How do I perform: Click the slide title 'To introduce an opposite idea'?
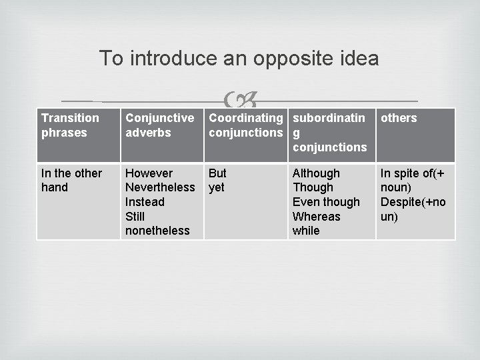(x=239, y=59)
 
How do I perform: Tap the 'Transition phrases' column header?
(x=70, y=125)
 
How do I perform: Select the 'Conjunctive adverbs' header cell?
(x=159, y=125)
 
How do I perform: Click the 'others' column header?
(x=399, y=118)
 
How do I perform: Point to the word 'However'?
(x=149, y=173)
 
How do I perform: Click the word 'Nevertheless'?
(x=160, y=187)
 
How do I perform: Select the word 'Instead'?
(x=145, y=202)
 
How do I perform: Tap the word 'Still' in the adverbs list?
(x=135, y=217)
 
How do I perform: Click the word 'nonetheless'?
(x=157, y=231)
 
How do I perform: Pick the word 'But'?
(x=217, y=173)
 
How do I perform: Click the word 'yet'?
(x=216, y=187)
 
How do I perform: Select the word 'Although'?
(x=316, y=173)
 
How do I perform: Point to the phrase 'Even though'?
(x=326, y=202)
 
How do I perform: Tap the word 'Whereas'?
(x=316, y=217)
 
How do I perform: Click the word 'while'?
(x=306, y=231)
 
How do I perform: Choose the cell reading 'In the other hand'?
(x=71, y=180)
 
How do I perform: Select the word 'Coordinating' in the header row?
(x=245, y=118)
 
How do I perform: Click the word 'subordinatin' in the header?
(x=329, y=118)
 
